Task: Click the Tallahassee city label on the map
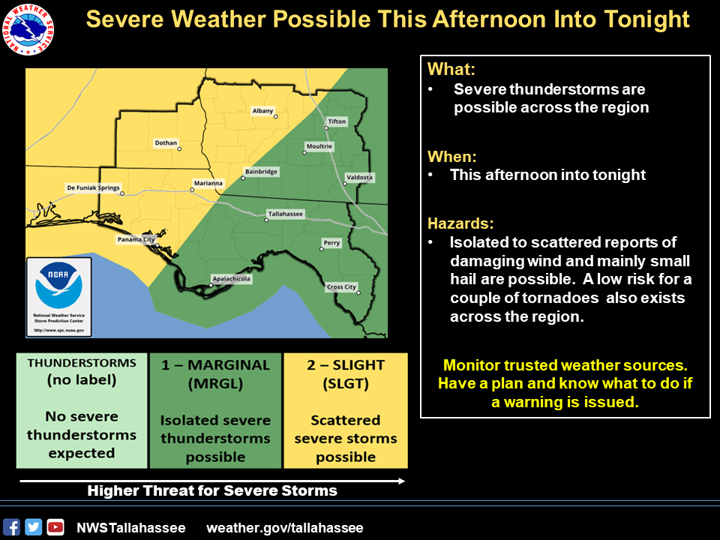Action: tap(286, 214)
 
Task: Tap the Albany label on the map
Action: tap(263, 111)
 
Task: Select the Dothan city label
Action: tap(166, 142)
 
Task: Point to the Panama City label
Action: tap(136, 240)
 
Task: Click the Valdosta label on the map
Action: tap(359, 178)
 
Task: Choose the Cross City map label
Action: tap(341, 287)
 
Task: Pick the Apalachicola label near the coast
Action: tap(231, 278)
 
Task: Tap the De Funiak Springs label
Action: tap(93, 188)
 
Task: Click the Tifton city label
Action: tap(337, 121)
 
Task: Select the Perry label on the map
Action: tap(331, 243)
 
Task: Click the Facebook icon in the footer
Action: tap(11, 527)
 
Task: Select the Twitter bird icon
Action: tap(33, 527)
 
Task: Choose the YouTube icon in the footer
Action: tap(55, 527)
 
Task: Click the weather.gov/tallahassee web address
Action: tap(285, 528)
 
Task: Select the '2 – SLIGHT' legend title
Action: tap(346, 365)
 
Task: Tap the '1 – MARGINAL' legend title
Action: tap(215, 365)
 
